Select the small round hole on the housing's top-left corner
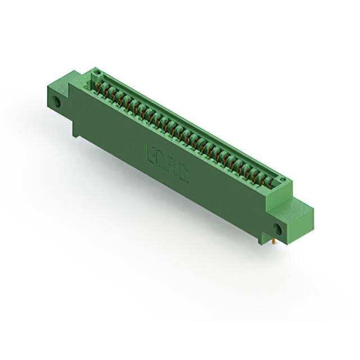coord(96,73)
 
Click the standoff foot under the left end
coord(75,130)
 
